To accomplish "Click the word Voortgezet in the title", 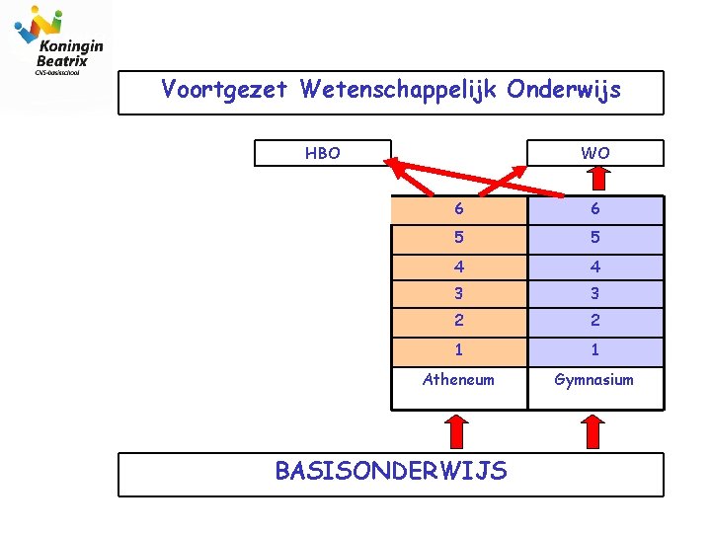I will pos(224,91).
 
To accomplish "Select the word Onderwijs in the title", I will pos(564,91).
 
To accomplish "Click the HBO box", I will pos(322,153).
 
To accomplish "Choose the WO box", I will pos(595,153).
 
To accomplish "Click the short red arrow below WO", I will pos(595,178).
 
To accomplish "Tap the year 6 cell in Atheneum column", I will pos(458,209).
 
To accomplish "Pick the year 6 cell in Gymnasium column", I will pos(595,209).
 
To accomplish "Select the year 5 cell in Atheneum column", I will pos(458,238).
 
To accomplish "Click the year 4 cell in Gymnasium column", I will pos(595,266).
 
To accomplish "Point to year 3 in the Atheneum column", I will pos(458,293).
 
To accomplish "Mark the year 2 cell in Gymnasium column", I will pos(595,321).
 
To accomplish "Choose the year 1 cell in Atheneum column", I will pos(458,349).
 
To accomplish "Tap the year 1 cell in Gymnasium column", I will pos(595,349).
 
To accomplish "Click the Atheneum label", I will pos(458,379).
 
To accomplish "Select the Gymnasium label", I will pos(594,379).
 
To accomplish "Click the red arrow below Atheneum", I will pos(456,431).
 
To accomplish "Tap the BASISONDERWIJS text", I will pos(391,471).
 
